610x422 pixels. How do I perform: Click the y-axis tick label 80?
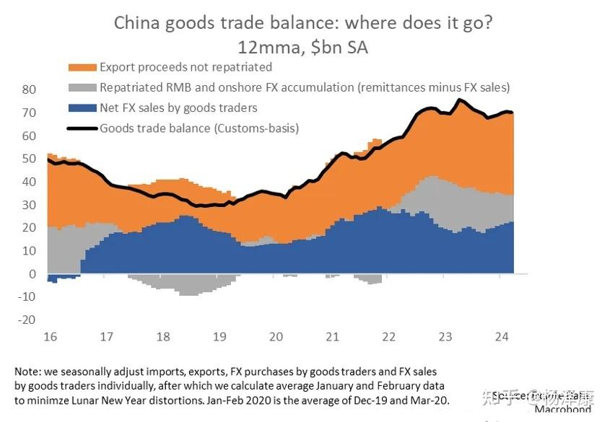pos(29,89)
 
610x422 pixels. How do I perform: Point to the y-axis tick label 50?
pos(29,159)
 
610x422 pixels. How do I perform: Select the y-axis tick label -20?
pos(27,320)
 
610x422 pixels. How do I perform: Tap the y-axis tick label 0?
pos(32,274)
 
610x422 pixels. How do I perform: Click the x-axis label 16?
pos(51,336)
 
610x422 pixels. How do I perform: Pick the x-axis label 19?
pos(219,336)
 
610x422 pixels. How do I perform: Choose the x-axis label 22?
pos(388,336)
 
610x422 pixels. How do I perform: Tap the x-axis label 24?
pos(501,336)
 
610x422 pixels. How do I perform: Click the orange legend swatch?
pos(82,67)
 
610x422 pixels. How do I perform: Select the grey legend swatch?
pos(82,88)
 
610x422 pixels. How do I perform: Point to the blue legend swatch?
pos(82,108)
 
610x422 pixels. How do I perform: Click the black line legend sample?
pos(82,128)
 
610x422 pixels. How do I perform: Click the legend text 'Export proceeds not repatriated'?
pos(186,67)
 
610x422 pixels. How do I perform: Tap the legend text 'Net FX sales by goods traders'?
pos(178,108)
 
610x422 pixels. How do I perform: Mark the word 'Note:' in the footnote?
pos(28,371)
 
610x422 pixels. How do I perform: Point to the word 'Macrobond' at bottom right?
pos(563,410)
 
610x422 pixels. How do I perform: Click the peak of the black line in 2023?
pos(459,99)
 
